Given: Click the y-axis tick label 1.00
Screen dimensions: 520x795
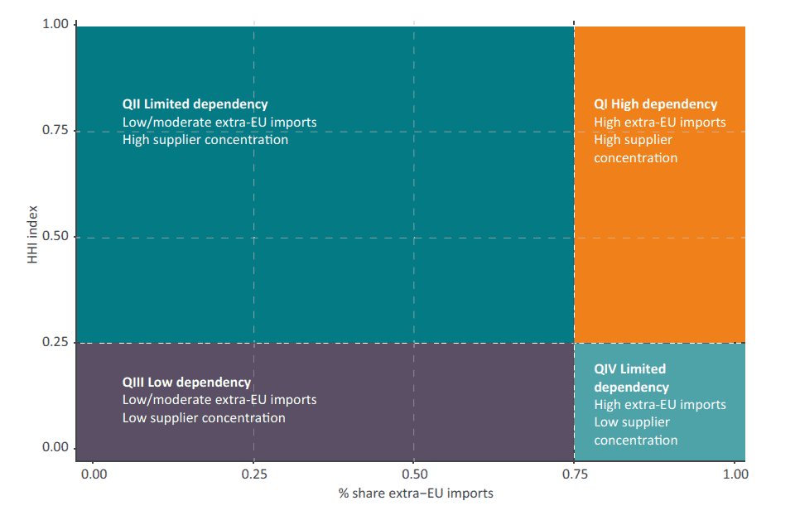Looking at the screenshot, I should coord(55,25).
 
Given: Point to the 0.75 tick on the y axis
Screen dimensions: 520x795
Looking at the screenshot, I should coord(55,131).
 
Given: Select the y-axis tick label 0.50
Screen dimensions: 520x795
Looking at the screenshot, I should coord(55,237).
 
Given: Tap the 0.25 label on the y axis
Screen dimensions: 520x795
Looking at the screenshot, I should coord(55,342).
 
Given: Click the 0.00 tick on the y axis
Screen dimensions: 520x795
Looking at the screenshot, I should coord(55,448).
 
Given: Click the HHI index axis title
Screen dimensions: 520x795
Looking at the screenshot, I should coord(31,237).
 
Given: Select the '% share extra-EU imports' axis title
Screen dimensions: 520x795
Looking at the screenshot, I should coord(415,494).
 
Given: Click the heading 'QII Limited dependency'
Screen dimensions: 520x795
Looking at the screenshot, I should coord(195,104).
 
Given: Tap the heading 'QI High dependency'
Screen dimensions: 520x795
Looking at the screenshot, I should coord(655,104).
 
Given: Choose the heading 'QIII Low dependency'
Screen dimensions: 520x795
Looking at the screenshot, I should coord(186,383).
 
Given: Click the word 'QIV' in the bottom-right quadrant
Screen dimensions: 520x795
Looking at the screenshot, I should coord(605,369).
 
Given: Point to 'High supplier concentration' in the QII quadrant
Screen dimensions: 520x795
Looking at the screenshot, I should coord(205,140).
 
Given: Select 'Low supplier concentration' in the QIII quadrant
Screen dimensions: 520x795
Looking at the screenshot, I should coord(204,418).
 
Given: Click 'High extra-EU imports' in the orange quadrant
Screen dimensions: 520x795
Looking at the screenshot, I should coord(659,123).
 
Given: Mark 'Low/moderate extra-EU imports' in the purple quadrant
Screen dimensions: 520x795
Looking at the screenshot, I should coord(219,400).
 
